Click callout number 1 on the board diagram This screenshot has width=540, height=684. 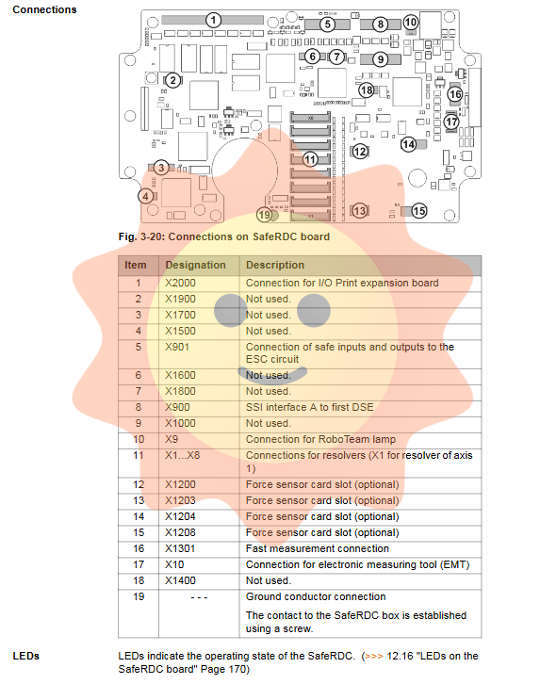(x=213, y=20)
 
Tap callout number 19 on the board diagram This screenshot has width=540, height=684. (x=264, y=215)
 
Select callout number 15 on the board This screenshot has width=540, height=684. (x=418, y=211)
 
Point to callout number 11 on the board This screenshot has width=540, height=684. (x=310, y=159)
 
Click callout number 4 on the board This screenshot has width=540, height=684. (x=146, y=196)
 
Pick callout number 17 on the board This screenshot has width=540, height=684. (x=451, y=122)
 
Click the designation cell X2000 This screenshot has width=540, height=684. (x=180, y=283)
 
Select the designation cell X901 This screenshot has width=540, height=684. (x=177, y=348)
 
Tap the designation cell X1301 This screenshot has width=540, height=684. (x=180, y=548)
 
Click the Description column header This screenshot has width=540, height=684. (x=275, y=265)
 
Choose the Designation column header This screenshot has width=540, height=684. (x=195, y=265)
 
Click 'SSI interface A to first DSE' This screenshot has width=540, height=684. (x=310, y=407)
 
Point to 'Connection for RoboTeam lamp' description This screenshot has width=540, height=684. (x=321, y=439)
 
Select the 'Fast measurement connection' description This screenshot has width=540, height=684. (x=317, y=548)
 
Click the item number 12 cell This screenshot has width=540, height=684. (x=139, y=484)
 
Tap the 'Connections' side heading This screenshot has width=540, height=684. (x=44, y=9)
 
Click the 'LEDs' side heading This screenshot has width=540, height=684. (x=26, y=656)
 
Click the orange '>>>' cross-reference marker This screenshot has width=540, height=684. (x=374, y=656)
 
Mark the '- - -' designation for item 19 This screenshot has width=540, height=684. (x=199, y=597)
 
